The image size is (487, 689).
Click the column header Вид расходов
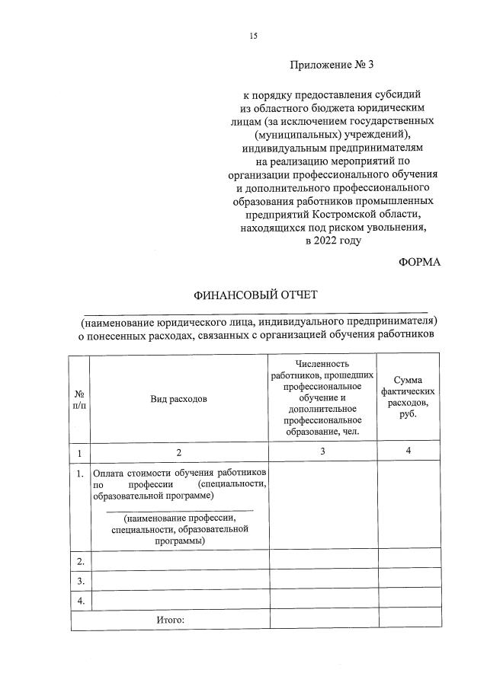tap(179, 398)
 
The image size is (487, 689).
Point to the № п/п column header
tap(80, 398)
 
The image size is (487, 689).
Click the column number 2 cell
tap(179, 451)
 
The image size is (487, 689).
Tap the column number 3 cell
tap(322, 451)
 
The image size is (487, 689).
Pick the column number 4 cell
tap(409, 451)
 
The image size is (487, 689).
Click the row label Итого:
tap(171, 620)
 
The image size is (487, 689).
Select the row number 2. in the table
tap(81, 561)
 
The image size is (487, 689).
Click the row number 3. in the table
tap(81, 581)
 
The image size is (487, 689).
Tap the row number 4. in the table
tap(81, 601)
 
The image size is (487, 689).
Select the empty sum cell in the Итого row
tap(409, 620)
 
